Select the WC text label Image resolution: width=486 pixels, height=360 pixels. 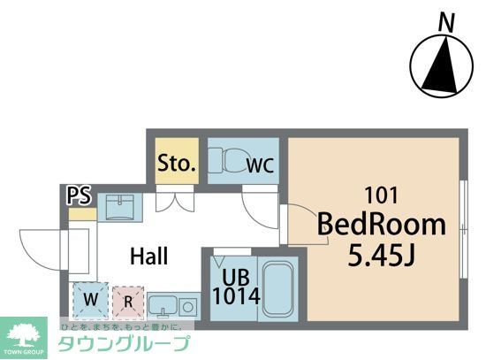point(260,165)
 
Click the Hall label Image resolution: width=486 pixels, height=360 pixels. point(149,257)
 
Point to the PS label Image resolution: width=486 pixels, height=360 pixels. point(79,195)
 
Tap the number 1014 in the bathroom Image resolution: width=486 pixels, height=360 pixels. point(235,295)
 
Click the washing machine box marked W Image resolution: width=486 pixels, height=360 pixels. point(90,299)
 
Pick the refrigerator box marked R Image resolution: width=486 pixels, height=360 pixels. point(127,299)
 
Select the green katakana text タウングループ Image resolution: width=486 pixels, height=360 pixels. point(124,345)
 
